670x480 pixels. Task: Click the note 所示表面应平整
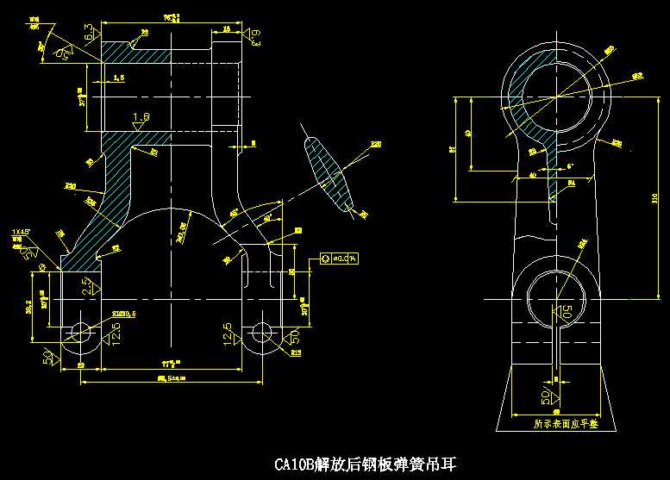pos(564,424)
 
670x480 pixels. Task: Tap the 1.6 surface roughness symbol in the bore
pos(141,118)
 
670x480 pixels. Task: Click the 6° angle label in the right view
pos(570,164)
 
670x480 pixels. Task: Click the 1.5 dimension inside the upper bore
pos(119,78)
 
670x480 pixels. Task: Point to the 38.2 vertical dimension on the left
pos(28,309)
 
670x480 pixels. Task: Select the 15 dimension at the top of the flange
pos(226,28)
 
